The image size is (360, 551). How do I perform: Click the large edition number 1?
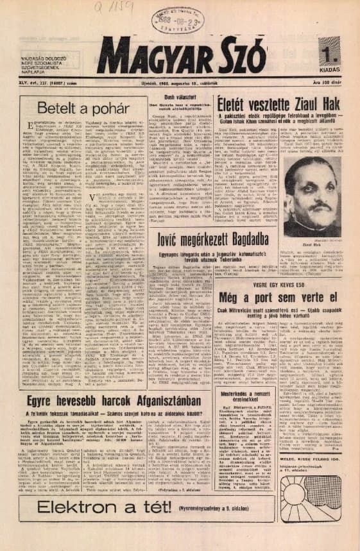(x=329, y=49)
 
